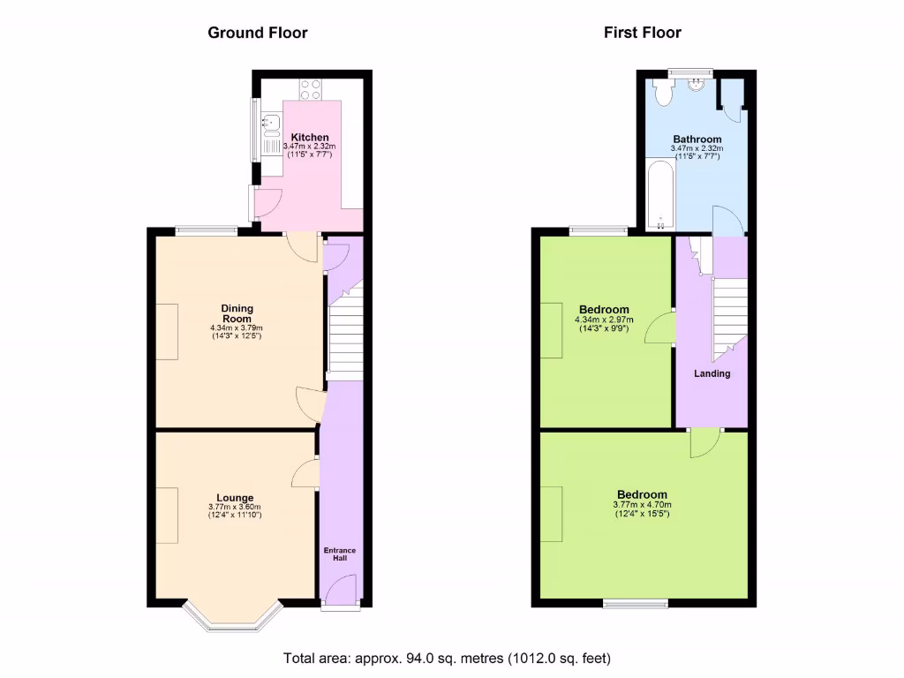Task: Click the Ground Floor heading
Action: tap(258, 33)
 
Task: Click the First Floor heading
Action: tap(643, 33)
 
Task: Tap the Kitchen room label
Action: tap(310, 138)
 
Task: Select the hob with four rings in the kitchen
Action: tap(310, 88)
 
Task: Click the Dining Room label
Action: tap(237, 313)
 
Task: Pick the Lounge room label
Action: tap(235, 498)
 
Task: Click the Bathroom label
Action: tap(697, 139)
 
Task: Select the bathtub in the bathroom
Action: tap(658, 194)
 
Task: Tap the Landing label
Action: tap(712, 373)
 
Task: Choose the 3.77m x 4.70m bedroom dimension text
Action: tap(642, 505)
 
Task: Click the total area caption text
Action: tap(447, 658)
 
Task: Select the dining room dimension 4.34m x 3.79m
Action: tap(237, 328)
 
